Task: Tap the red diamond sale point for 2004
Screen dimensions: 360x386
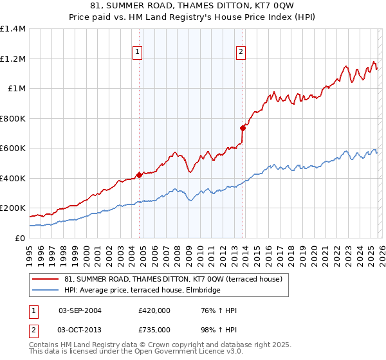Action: [x=139, y=174]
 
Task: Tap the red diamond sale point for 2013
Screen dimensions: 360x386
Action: [x=243, y=127]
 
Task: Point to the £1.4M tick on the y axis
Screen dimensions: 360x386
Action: [x=13, y=29]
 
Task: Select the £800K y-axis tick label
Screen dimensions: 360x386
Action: [x=13, y=118]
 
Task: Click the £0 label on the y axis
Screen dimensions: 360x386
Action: [x=19, y=238]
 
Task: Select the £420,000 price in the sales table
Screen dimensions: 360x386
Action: [x=154, y=310]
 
